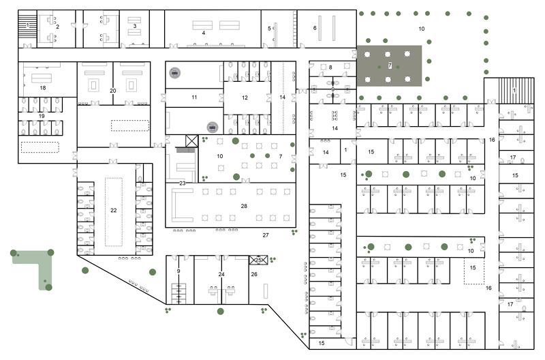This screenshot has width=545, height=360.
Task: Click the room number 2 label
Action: (x=58, y=27)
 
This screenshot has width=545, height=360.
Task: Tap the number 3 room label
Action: (x=135, y=27)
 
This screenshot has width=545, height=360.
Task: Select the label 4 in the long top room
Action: (x=203, y=32)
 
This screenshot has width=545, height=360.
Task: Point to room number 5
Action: (x=270, y=28)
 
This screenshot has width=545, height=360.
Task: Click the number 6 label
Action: (x=315, y=28)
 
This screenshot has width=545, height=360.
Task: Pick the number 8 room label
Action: (x=330, y=67)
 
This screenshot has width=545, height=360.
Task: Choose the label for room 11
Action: (x=194, y=97)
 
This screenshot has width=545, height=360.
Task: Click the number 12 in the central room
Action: (x=245, y=97)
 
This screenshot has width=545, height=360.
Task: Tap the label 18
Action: (x=42, y=88)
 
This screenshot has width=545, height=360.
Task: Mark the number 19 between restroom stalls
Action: (x=42, y=117)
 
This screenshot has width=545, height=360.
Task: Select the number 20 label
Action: (x=113, y=91)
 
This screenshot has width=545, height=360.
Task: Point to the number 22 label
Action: (x=114, y=210)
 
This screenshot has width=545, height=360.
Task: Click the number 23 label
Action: (x=183, y=183)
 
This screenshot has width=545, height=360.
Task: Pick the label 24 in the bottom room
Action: (x=221, y=274)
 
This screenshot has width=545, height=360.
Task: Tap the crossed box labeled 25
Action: (x=258, y=260)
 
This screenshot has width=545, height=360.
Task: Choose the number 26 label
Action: (x=255, y=274)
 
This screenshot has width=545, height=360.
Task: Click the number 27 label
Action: (x=266, y=235)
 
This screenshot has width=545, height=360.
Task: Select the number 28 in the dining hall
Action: (x=243, y=205)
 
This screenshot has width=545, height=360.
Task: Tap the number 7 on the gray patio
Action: (x=390, y=65)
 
